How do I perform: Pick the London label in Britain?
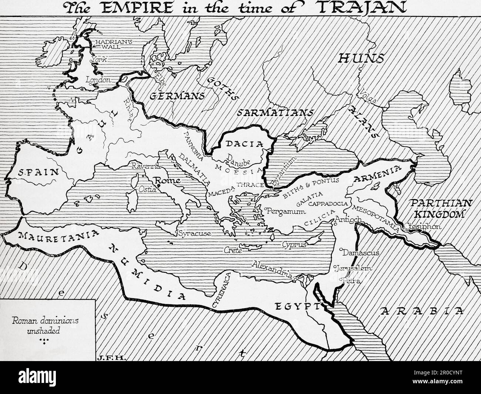98,80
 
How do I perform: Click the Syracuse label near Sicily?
195,233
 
